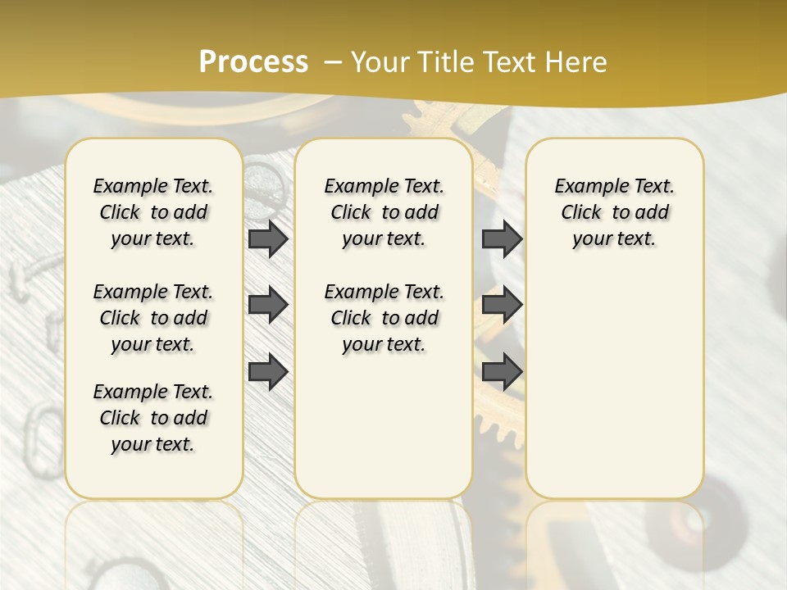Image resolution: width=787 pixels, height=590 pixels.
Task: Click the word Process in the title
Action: point(253,62)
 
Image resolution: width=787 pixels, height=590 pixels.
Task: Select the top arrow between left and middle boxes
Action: point(268,238)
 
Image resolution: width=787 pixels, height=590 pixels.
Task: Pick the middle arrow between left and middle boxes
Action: point(268,305)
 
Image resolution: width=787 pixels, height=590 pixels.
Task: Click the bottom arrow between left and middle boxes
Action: point(268,372)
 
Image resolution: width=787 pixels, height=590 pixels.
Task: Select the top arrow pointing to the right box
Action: point(502,238)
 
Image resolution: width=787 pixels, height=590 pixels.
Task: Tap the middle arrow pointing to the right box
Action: point(502,305)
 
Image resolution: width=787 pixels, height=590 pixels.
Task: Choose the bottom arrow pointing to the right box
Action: point(502,372)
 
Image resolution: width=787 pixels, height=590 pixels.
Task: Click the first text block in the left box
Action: point(153,212)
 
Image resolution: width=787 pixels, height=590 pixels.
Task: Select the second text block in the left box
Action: point(153,318)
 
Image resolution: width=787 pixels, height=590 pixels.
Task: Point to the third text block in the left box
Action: point(153,418)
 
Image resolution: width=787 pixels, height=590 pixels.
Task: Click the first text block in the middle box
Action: point(384,212)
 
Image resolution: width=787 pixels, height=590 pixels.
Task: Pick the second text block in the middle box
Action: point(384,318)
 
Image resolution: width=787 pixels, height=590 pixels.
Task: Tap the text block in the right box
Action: point(615,212)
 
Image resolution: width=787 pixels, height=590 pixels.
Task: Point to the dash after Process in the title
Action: point(333,62)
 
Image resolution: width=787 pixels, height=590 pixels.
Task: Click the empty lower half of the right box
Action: point(615,393)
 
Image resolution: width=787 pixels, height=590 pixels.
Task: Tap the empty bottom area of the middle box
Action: point(384,434)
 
